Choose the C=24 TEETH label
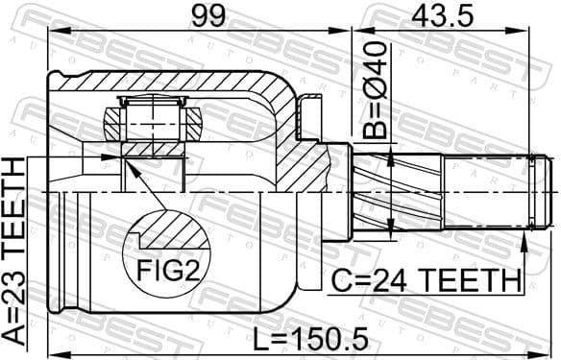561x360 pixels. coord(425,281)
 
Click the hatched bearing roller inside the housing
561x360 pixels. coord(154,122)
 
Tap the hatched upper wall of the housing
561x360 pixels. coord(173,80)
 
